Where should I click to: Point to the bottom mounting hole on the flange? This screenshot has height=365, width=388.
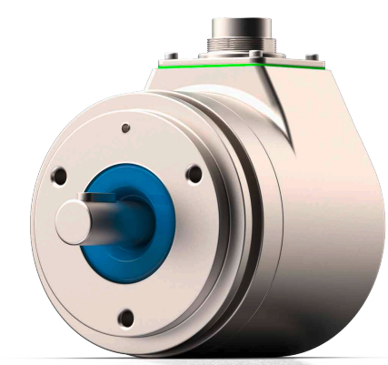tap(126, 317)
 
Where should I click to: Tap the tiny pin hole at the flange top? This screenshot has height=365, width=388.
tap(126, 128)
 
